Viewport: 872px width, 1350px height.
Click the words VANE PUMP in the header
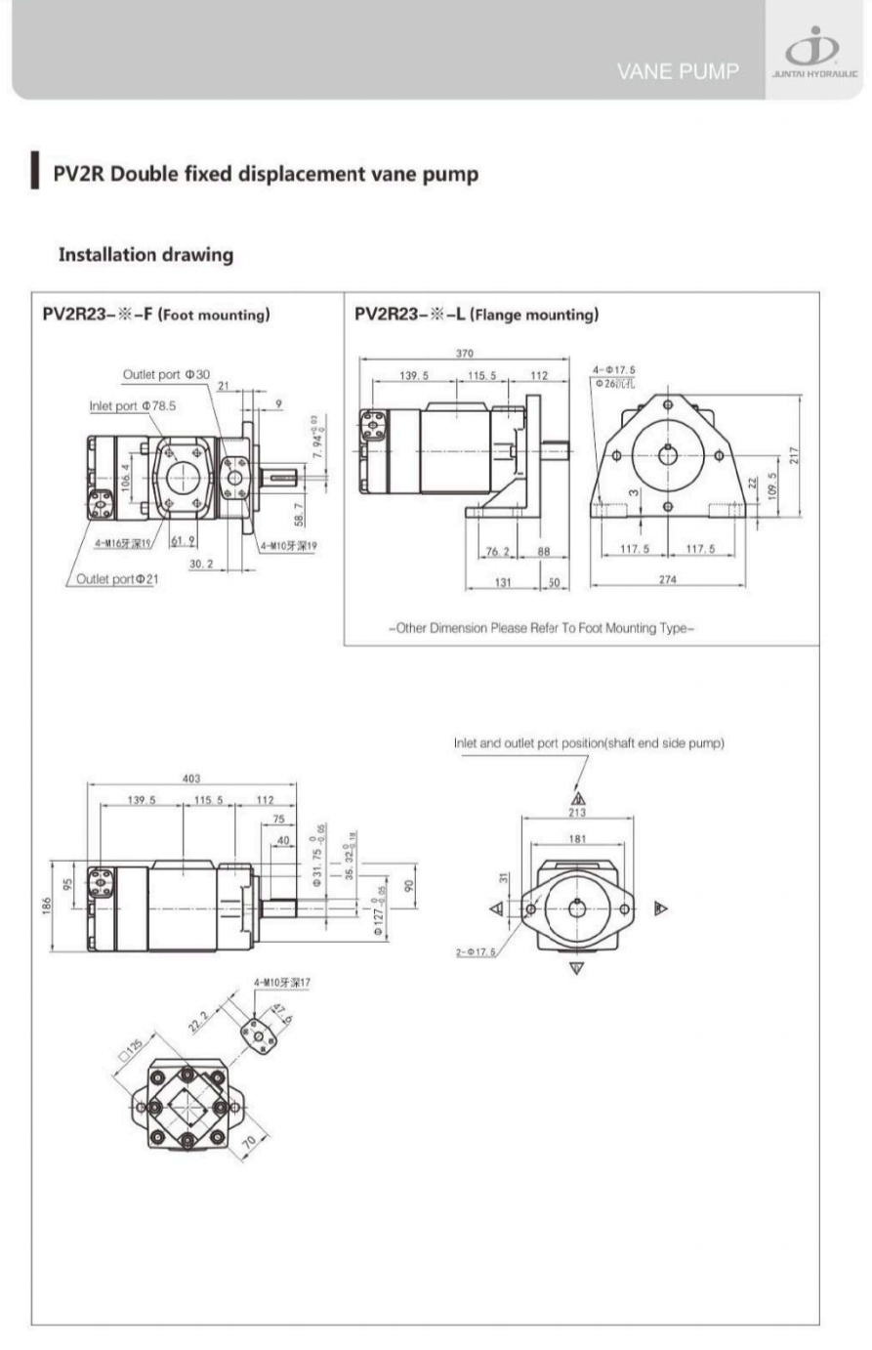pyautogui.click(x=678, y=71)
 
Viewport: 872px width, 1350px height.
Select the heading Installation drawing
pyautogui.click(x=145, y=255)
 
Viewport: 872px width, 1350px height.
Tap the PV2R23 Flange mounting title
pyautogui.click(x=476, y=315)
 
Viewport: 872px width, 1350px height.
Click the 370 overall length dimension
pyautogui.click(x=465, y=354)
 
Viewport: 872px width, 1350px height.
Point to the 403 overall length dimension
pyautogui.click(x=190, y=779)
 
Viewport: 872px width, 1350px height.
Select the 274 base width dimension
pyautogui.click(x=667, y=580)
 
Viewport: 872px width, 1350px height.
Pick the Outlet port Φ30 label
pyautogui.click(x=165, y=375)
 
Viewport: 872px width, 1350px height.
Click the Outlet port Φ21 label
pyautogui.click(x=118, y=579)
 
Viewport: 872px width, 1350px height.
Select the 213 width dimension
pyautogui.click(x=576, y=812)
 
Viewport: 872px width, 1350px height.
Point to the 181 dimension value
pyautogui.click(x=577, y=838)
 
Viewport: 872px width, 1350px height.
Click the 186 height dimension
pyautogui.click(x=45, y=907)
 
